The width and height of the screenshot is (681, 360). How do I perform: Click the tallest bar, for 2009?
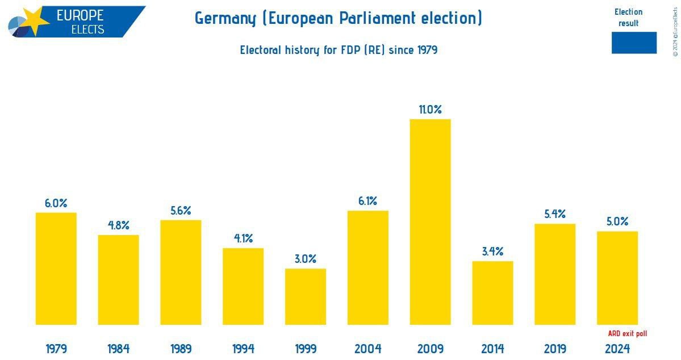[x=430, y=221]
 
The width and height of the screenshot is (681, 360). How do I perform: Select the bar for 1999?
[x=306, y=296]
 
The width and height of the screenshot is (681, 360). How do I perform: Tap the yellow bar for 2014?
[x=492, y=293]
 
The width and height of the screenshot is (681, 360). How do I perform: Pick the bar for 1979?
[x=56, y=269]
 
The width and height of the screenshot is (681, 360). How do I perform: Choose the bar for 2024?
[x=617, y=278]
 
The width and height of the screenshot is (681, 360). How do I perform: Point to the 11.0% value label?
[x=430, y=110]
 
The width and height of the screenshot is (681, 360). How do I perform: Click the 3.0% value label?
[x=306, y=259]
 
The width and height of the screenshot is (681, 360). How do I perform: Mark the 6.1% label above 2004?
[x=368, y=201]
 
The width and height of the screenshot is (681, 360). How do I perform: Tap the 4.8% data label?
[x=118, y=225]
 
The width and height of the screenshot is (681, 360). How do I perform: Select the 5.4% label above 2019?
[x=555, y=214]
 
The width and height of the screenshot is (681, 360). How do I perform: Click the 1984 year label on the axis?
[x=118, y=348]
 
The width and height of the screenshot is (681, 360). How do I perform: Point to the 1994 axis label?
[x=243, y=348]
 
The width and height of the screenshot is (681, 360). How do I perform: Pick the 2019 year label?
[x=555, y=348]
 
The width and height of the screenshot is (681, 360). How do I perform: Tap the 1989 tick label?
[x=181, y=348]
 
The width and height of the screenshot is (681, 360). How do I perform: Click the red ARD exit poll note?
[x=627, y=334]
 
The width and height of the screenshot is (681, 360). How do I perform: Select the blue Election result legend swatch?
[x=634, y=43]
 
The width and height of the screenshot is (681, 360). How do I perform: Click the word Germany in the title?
[x=225, y=18]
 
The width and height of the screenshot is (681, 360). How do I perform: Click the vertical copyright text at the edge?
[x=675, y=31]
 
